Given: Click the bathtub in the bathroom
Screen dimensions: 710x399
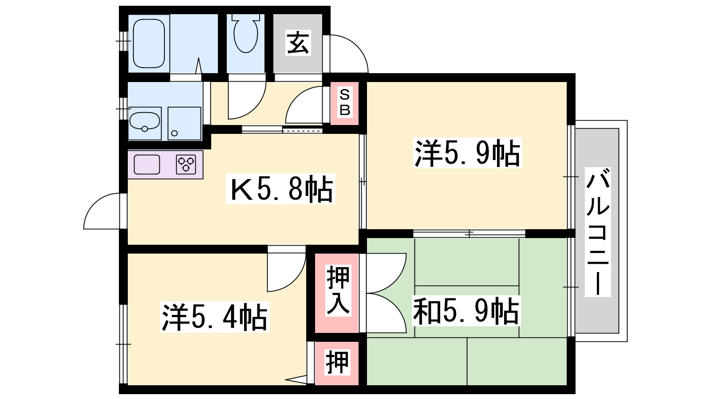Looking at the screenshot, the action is pos(149,43).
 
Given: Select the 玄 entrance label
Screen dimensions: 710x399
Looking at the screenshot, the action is pos(298,43).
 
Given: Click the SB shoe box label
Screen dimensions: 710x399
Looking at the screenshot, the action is pos(344,102).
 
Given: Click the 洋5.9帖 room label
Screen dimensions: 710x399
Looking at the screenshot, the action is pos(467,153).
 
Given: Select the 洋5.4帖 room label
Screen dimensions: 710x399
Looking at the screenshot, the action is pos(215,317).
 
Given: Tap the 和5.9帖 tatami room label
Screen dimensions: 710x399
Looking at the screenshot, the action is pos(465,311).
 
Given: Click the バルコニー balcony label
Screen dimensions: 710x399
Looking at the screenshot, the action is pos(598,232).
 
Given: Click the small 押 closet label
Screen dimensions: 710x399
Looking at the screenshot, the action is pos(337,362).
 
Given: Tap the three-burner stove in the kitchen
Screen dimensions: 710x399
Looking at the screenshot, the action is pos(186,164).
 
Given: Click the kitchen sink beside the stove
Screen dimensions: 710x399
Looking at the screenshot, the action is pos(147,164).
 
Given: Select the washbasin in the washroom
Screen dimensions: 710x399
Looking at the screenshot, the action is pos(145,121).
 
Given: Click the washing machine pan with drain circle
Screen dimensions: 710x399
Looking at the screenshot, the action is pos(184,123).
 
